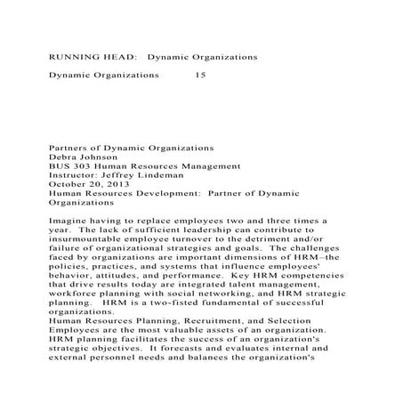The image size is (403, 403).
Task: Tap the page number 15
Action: pos(199,76)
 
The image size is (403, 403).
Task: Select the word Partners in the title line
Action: pos(71,144)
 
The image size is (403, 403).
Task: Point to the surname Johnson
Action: pos(109,155)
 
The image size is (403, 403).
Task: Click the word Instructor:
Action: pos(80,175)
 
